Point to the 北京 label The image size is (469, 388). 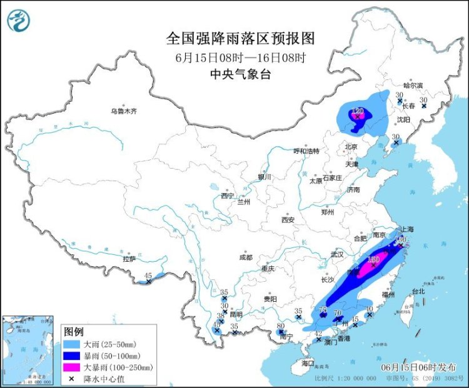pyautogui.click(x=351, y=147)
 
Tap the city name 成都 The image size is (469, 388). pyautogui.click(x=245, y=257)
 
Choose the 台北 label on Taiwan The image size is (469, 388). pyautogui.click(x=417, y=291)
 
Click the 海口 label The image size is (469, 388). pyautogui.click(x=307, y=363)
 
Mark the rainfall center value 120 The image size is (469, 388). pyautogui.click(x=357, y=111)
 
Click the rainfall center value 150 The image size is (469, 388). pyautogui.click(x=374, y=259)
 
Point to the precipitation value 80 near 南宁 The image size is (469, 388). pyautogui.click(x=280, y=326)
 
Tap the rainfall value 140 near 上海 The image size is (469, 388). pyautogui.click(x=401, y=239)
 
